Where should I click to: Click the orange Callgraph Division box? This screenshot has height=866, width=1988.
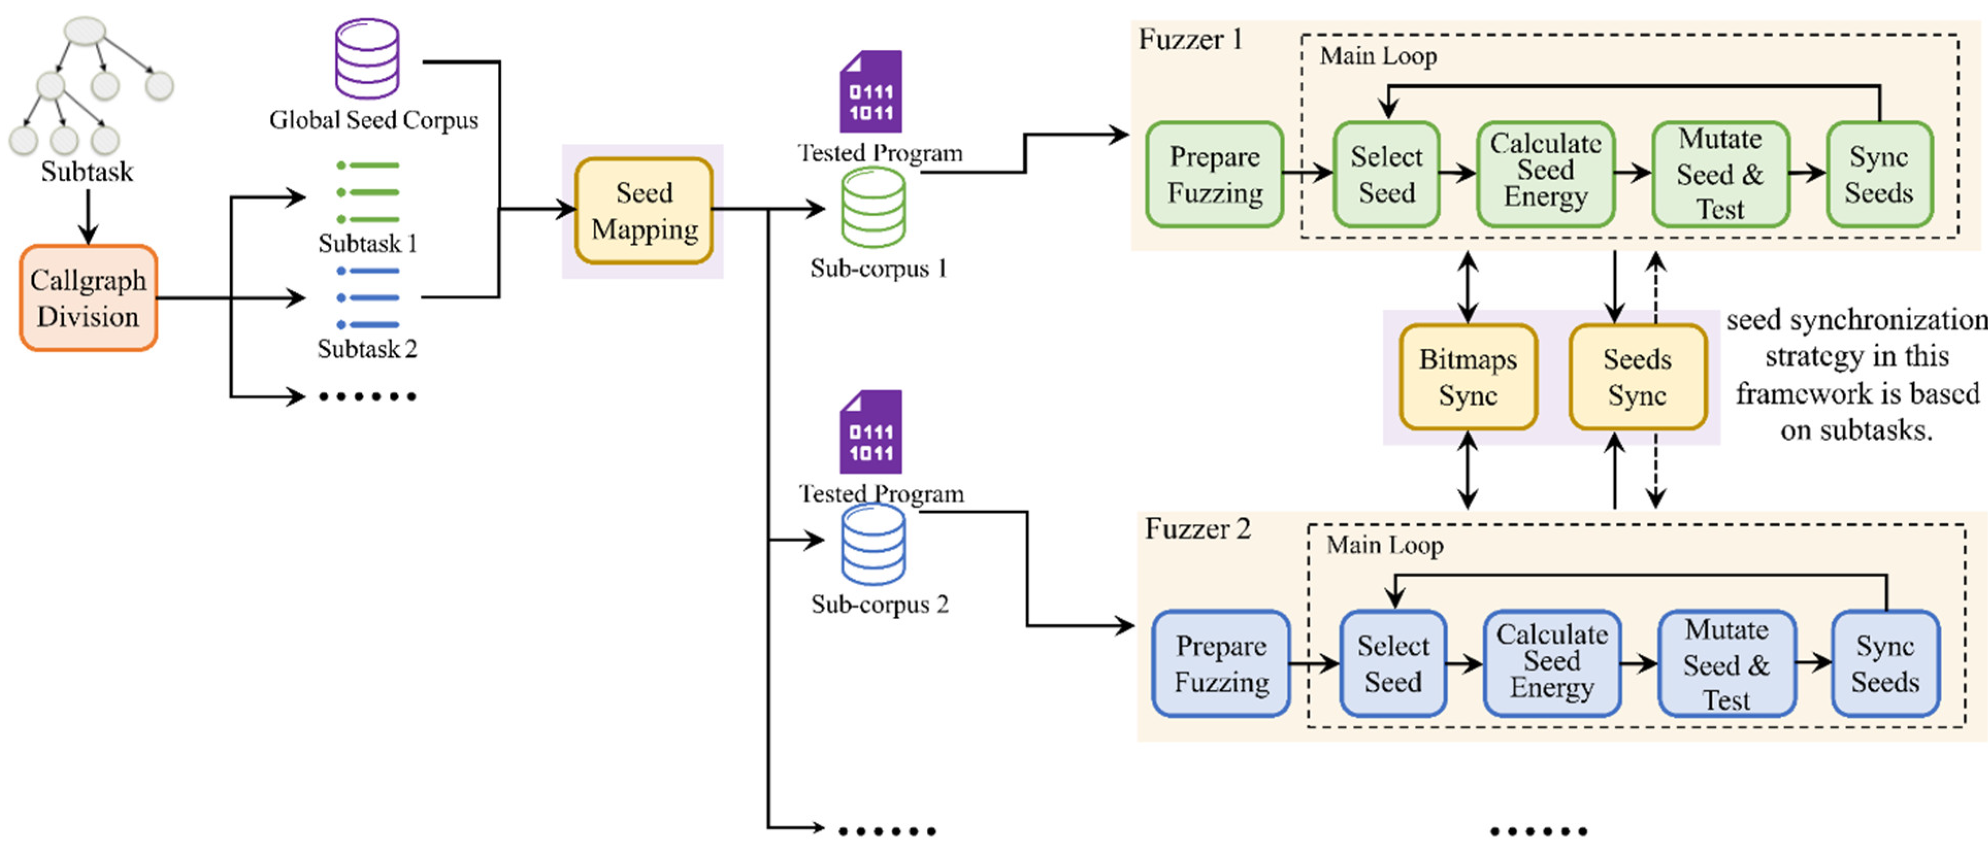(88, 298)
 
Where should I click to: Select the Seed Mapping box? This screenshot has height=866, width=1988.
(643, 211)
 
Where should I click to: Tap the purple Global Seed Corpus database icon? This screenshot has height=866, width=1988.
(368, 59)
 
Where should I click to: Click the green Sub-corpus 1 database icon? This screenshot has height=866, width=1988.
(873, 207)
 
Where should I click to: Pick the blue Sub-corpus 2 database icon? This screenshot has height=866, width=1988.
(873, 545)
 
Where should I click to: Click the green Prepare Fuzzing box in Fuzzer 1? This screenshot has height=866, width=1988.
(1215, 174)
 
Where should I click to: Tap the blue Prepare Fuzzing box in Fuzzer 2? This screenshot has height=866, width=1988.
(1221, 664)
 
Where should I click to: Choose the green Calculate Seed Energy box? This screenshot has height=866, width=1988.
(1545, 171)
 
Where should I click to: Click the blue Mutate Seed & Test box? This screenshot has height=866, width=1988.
(1727, 664)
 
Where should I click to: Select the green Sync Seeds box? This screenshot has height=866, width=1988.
(1878, 174)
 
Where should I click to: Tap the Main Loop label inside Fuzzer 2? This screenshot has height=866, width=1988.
(1384, 545)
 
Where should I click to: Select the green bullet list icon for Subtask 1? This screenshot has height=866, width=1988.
(368, 192)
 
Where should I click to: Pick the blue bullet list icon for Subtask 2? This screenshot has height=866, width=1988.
(368, 298)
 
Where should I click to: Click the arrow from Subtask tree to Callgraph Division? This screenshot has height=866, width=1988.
(88, 216)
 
